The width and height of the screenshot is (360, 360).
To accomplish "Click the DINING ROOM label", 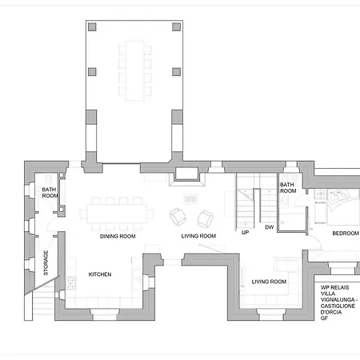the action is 118,236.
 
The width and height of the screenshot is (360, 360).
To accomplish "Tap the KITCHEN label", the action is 100,274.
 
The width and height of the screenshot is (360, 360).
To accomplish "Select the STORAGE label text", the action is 46,262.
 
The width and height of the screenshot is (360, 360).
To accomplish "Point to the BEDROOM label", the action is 346,234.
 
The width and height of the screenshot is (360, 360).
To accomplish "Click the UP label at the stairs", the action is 246,233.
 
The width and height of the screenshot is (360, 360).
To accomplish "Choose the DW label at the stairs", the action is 270,227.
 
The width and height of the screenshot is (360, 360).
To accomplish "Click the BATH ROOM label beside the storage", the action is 50,193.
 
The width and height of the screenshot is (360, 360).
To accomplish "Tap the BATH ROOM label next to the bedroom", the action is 288,188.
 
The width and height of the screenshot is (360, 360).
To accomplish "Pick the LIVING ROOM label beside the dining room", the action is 198,236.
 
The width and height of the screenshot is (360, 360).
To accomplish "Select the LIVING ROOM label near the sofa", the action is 269,282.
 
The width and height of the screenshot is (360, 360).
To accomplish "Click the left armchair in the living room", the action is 178,217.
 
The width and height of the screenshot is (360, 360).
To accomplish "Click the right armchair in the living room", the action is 205,218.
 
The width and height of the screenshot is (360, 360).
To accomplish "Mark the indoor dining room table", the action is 117,214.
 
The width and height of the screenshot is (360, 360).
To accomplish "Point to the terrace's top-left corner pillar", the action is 92,27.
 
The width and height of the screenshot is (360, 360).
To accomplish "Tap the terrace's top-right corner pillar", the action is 176,27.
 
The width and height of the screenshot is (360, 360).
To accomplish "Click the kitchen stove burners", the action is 70,283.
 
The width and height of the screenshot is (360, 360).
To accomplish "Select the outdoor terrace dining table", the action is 135,70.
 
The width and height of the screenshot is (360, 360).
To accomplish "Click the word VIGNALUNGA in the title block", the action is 338,300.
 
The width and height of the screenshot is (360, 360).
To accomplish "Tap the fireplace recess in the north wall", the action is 186,174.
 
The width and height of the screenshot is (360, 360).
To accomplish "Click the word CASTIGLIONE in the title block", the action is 338,306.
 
